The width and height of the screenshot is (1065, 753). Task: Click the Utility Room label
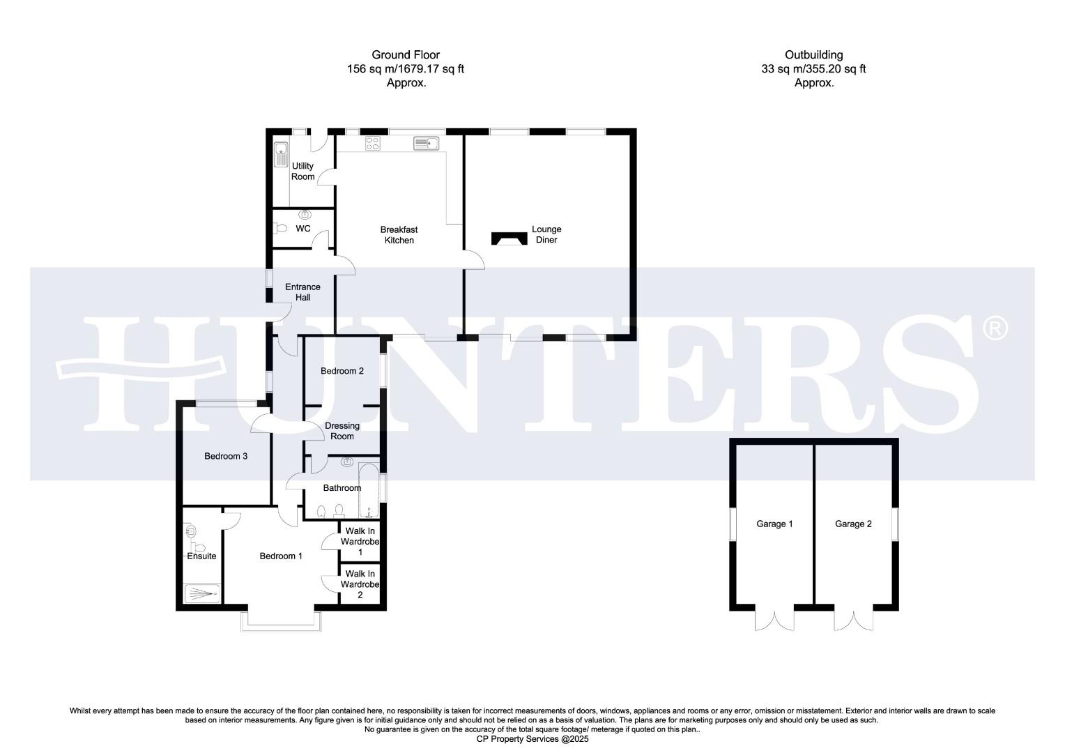pyautogui.click(x=302, y=172)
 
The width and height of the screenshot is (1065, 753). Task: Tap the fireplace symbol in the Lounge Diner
pyautogui.click(x=509, y=238)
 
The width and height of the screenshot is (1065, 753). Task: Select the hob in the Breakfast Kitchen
pyautogui.click(x=373, y=144)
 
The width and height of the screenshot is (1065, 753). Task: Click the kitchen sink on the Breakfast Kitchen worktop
pyautogui.click(x=425, y=144)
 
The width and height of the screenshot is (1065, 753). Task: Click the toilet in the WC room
pyautogui.click(x=279, y=229)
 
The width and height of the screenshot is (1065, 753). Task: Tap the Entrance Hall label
pyautogui.click(x=302, y=292)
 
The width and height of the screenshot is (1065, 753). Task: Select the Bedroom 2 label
pyautogui.click(x=342, y=371)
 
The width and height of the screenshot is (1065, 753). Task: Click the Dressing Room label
pyautogui.click(x=342, y=431)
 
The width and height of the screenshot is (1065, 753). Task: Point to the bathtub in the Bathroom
pyautogui.click(x=368, y=489)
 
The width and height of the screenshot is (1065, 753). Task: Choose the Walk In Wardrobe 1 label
pyautogui.click(x=360, y=542)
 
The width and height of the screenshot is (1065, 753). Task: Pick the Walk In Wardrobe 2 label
pyautogui.click(x=360, y=584)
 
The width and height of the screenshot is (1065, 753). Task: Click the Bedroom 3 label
pyautogui.click(x=225, y=456)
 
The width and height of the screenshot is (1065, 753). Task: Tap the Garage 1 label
pyautogui.click(x=774, y=524)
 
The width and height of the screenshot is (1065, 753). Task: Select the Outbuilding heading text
pyautogui.click(x=813, y=54)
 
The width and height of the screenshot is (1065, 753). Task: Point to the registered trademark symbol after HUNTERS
pyautogui.click(x=995, y=327)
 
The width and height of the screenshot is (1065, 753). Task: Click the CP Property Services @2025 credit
pyautogui.click(x=532, y=738)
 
